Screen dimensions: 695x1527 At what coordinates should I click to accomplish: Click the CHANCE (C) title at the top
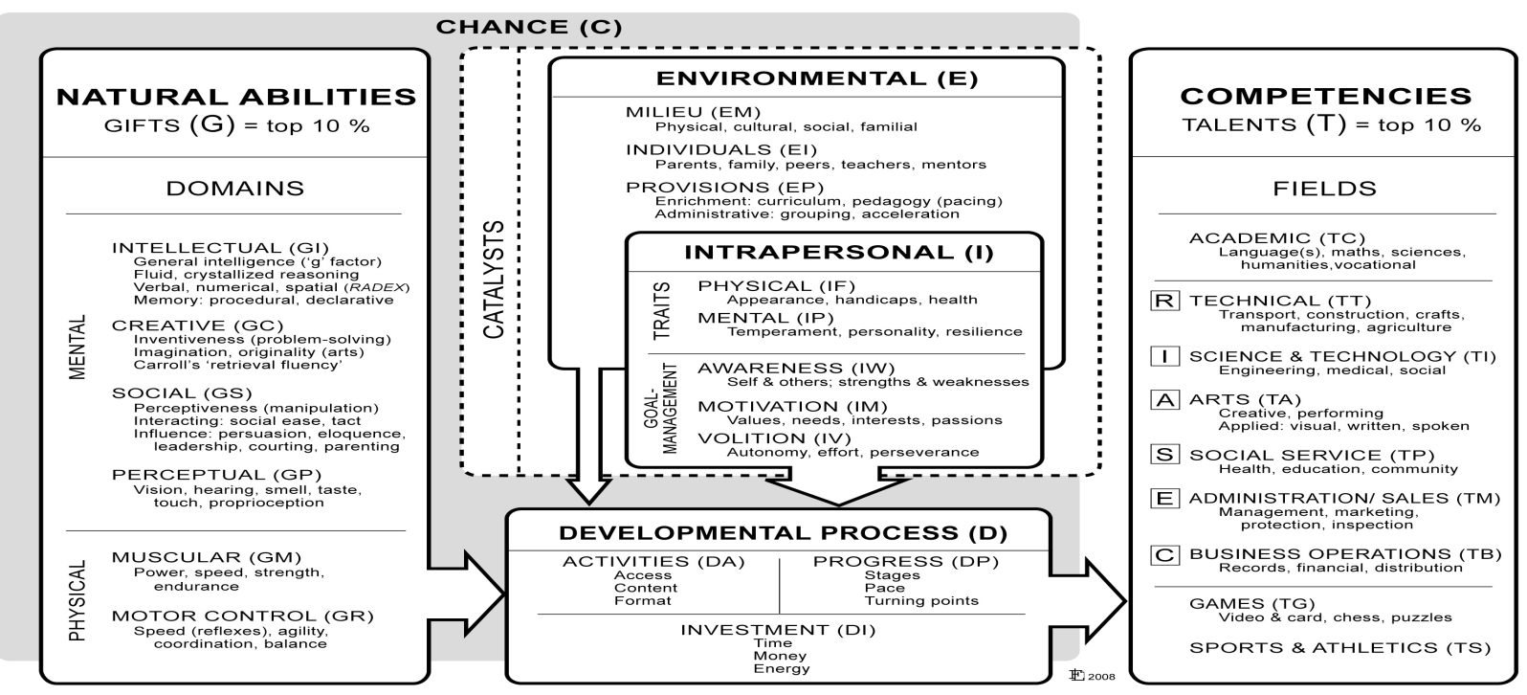[x=528, y=28]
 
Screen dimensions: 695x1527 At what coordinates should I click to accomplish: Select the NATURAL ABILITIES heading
[x=236, y=97]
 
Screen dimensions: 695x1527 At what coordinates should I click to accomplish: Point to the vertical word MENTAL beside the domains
[x=78, y=346]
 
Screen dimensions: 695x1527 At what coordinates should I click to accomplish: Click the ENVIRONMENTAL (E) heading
[x=817, y=78]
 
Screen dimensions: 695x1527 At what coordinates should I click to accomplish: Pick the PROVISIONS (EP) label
[x=724, y=188]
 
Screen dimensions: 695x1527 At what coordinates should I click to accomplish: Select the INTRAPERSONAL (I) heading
[x=838, y=254]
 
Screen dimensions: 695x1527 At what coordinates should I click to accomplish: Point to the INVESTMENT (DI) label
[x=778, y=630]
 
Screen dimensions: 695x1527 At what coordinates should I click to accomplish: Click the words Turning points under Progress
[x=921, y=601]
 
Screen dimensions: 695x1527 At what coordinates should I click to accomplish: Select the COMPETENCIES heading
[x=1325, y=96]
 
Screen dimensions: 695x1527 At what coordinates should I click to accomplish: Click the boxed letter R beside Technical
[x=1164, y=302]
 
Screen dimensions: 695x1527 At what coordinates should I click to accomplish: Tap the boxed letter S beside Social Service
[x=1164, y=455]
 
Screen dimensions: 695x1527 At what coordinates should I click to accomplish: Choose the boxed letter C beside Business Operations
[x=1164, y=554]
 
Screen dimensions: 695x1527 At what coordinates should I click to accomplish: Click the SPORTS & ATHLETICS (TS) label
[x=1339, y=648]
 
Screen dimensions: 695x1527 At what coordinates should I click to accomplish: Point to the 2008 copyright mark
[x=1093, y=675]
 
